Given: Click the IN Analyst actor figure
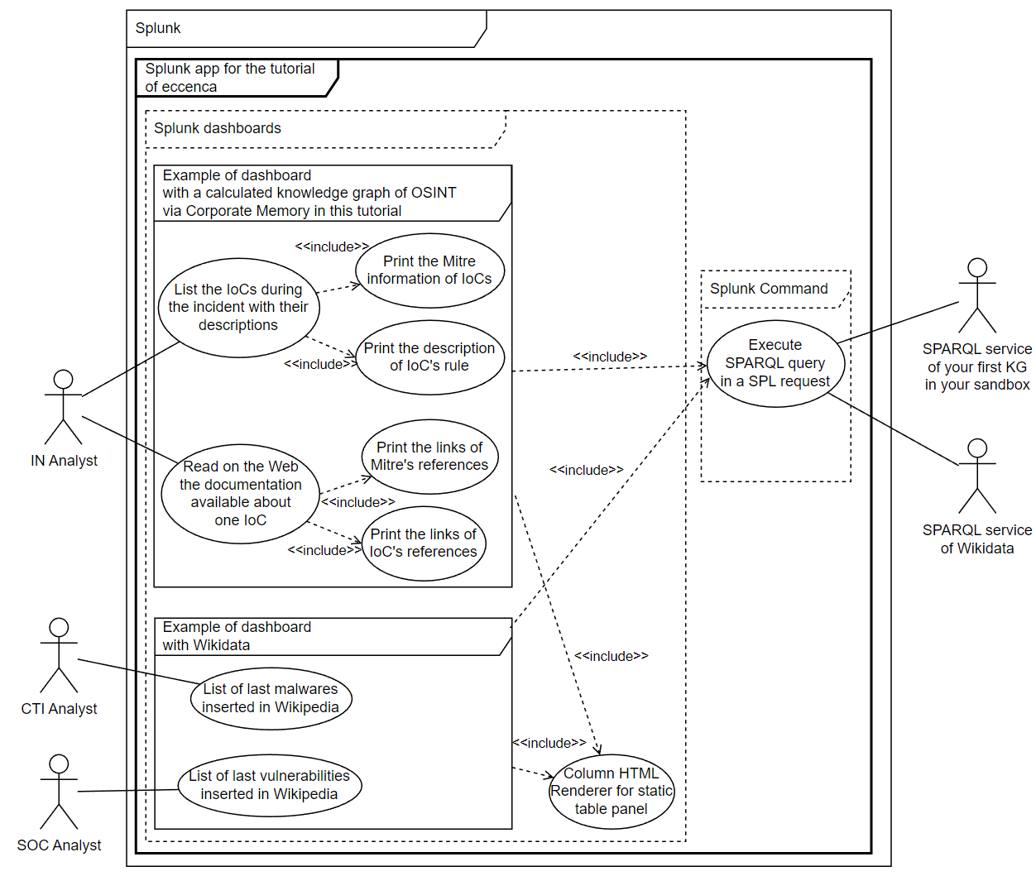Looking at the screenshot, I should [63, 407].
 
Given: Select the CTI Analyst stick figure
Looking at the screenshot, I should [59, 655].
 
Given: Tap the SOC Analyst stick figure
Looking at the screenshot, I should [59, 792].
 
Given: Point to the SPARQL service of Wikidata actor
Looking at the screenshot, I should [977, 476].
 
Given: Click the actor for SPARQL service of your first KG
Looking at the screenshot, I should [977, 295].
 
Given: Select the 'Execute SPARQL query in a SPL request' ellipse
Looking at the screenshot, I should [775, 363].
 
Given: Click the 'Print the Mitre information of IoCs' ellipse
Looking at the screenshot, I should [429, 270].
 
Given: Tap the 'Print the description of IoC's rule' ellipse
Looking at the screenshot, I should [429, 357].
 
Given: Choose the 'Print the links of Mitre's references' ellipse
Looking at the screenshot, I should [429, 457].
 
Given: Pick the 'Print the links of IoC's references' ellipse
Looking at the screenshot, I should [423, 543].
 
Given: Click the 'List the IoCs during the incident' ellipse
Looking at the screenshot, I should [238, 308].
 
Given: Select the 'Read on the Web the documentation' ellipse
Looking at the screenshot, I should [240, 494].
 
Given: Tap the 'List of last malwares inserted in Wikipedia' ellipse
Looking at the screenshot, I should [271, 698].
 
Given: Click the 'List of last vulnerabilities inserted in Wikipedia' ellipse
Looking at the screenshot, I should [269, 785].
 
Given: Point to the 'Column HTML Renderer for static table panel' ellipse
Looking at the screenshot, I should [612, 792].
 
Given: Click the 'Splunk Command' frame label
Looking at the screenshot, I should [769, 289].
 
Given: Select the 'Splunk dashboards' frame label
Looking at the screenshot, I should [218, 128].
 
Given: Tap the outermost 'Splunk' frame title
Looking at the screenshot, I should [158, 28].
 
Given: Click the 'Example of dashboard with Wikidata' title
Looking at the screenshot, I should [237, 636].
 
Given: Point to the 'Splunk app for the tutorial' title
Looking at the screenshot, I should [229, 78].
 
